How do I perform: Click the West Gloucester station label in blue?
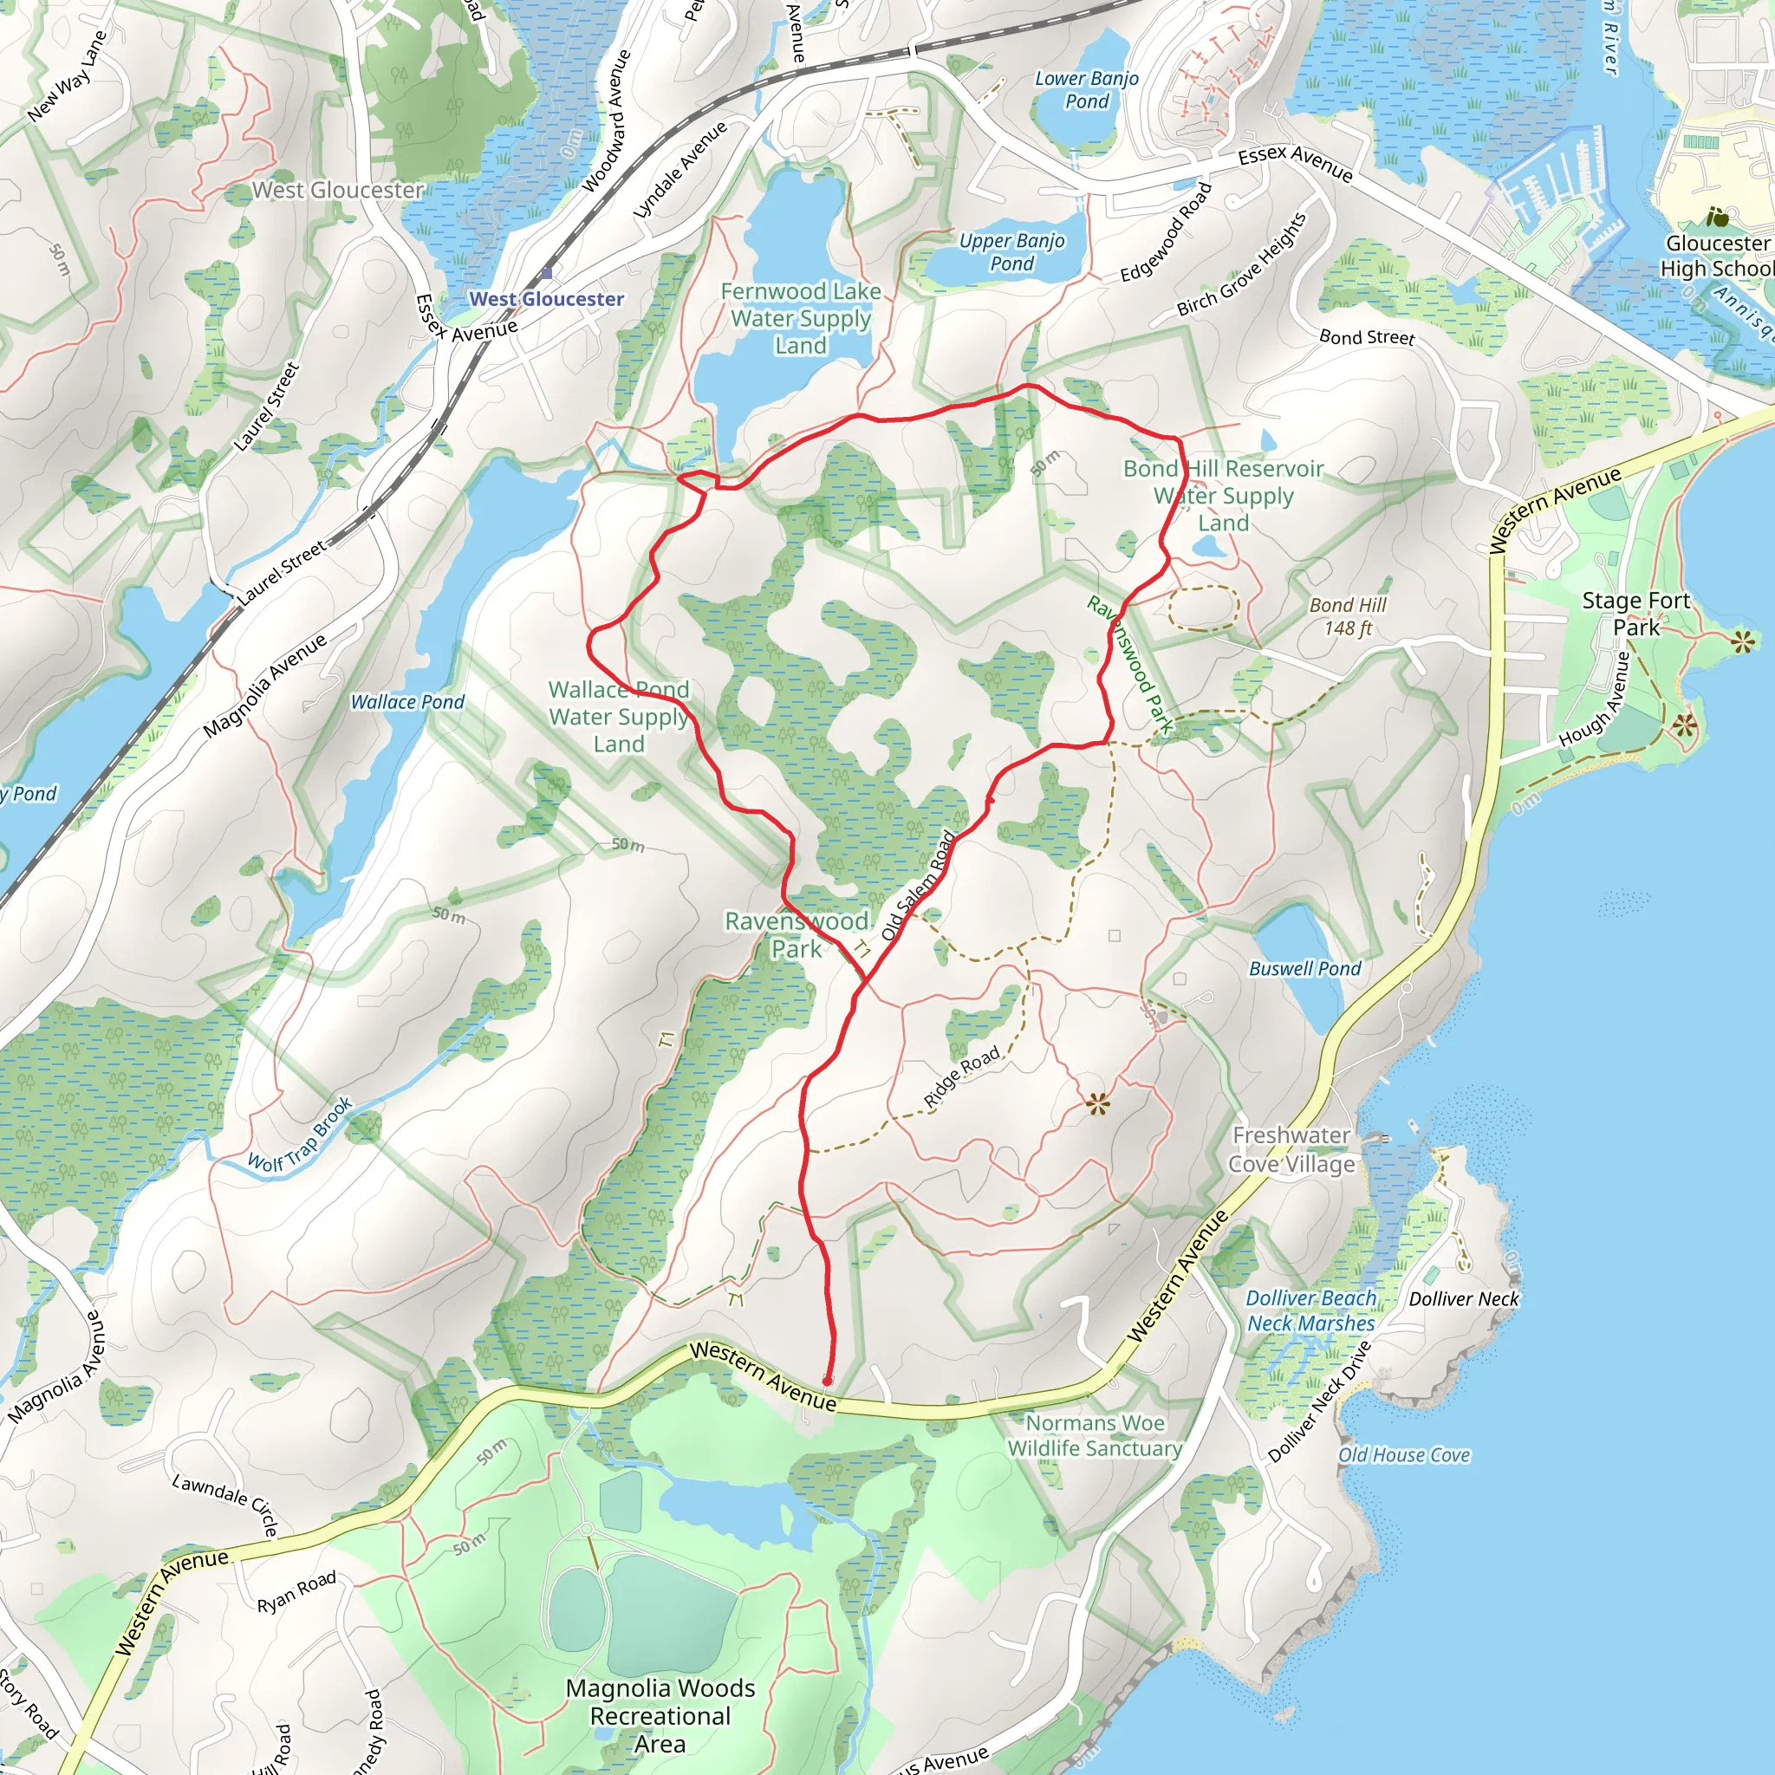(x=546, y=299)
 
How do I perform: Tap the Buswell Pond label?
(x=1304, y=968)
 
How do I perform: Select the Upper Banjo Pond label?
(x=1011, y=251)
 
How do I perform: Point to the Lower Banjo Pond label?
(x=1087, y=90)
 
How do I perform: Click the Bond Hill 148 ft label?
(x=1348, y=616)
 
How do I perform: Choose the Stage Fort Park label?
(x=1635, y=614)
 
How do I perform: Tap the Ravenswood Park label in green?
(x=796, y=934)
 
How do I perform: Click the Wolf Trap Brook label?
(x=301, y=1135)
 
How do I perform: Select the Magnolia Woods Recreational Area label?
(x=660, y=1715)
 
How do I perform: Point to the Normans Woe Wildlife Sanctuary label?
(x=1096, y=1435)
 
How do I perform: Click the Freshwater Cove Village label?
(x=1291, y=1149)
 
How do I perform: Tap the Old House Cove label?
(x=1404, y=1454)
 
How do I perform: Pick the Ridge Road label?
(x=962, y=1076)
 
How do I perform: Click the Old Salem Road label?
(x=920, y=885)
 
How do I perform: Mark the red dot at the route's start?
(x=827, y=1381)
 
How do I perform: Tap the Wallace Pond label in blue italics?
(x=408, y=702)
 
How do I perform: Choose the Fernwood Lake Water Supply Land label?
(x=800, y=318)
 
